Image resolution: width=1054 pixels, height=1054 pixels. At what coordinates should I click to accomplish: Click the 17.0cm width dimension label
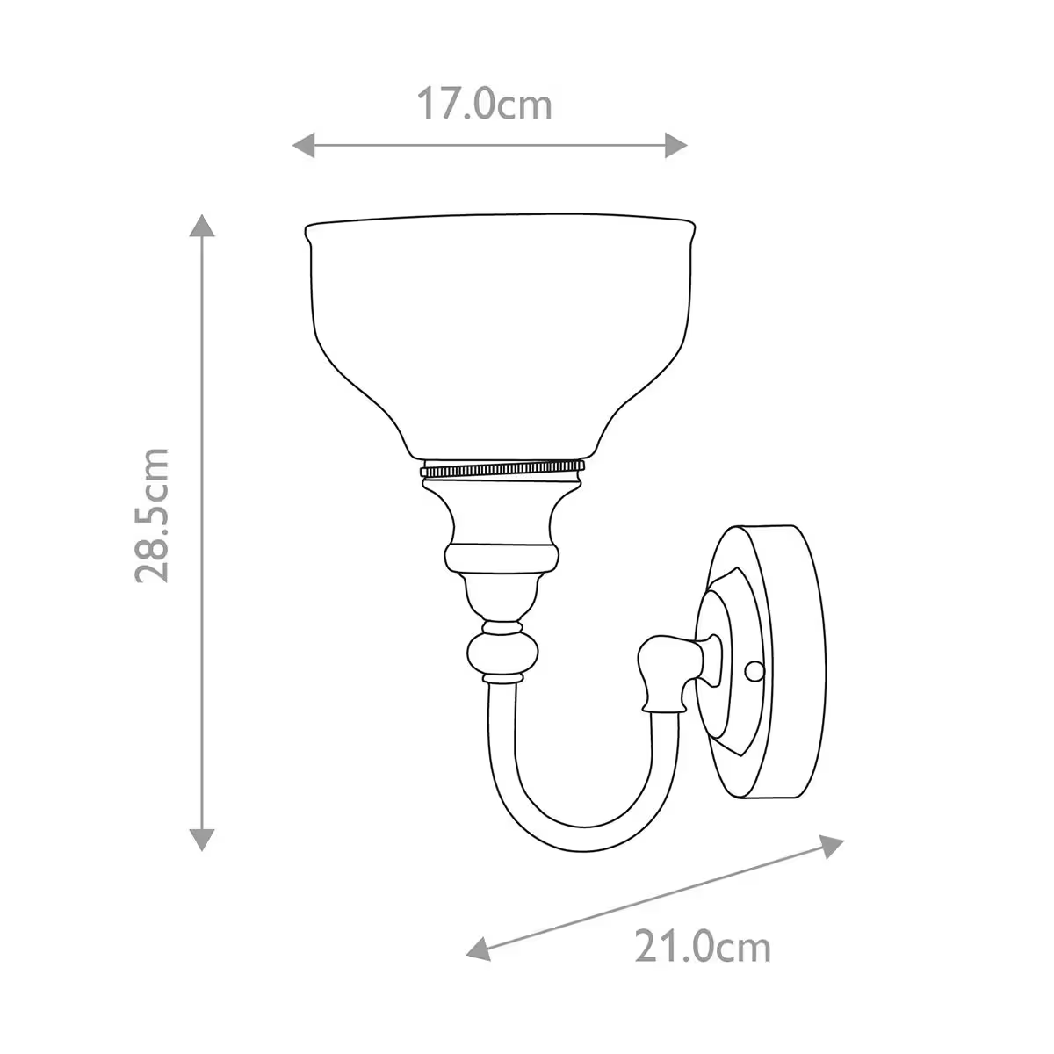click(484, 105)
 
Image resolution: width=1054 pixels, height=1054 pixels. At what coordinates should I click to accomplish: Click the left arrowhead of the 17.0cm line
click(302, 145)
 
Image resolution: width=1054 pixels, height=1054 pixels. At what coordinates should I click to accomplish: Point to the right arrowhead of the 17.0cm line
click(675, 145)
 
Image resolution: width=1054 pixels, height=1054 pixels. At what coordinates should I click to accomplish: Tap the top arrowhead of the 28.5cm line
click(203, 225)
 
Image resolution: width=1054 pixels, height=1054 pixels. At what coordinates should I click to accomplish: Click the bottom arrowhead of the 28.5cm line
click(203, 839)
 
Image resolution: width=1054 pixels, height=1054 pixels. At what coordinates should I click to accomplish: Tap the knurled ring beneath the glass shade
click(502, 467)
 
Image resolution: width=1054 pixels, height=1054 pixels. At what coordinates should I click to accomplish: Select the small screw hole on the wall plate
click(752, 672)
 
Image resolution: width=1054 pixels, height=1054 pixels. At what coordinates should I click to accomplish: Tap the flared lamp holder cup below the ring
click(502, 514)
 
